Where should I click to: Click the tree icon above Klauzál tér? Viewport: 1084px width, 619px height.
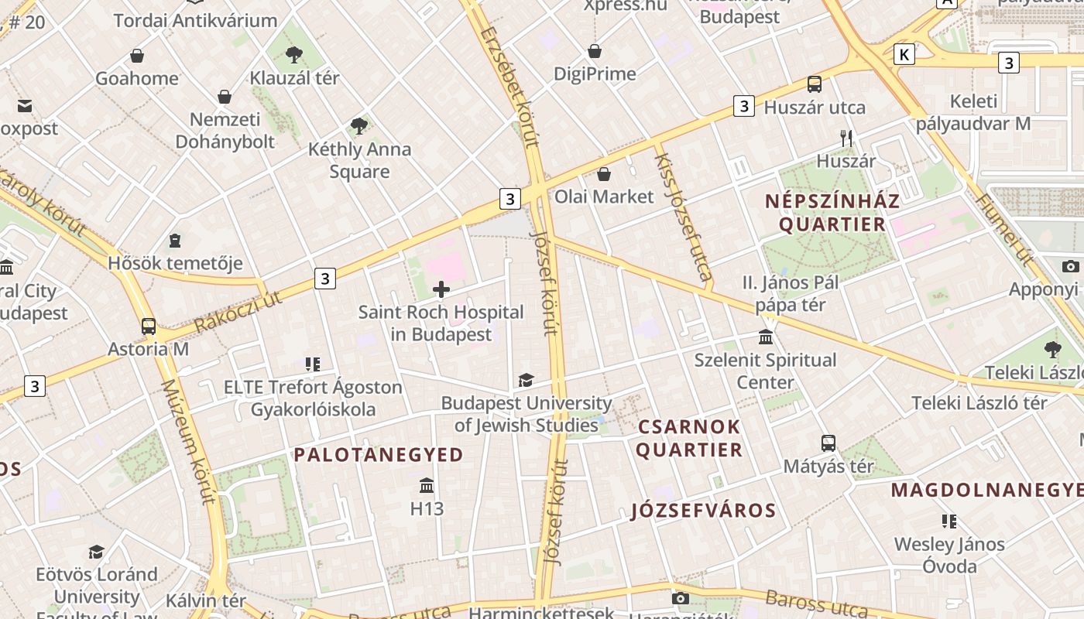tap(293, 54)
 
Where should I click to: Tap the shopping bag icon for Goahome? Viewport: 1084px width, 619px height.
tap(137, 56)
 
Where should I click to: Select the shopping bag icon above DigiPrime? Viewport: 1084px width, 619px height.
tap(595, 51)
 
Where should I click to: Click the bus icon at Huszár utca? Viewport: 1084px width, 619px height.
tap(815, 84)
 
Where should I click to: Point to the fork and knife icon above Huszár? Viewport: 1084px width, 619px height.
tap(846, 139)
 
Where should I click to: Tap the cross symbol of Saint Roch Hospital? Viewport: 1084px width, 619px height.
tap(441, 290)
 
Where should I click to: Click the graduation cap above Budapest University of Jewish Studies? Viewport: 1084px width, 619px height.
tap(527, 380)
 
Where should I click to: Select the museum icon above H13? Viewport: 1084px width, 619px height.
tap(427, 486)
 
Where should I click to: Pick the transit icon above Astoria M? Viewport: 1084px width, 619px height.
tap(149, 327)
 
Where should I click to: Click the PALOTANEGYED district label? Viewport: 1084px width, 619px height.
tap(379, 455)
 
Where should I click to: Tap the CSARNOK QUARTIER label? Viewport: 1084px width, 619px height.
tap(689, 439)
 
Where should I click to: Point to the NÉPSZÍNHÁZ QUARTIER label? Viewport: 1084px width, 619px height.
tap(832, 214)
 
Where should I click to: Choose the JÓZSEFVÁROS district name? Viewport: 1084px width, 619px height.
tap(703, 511)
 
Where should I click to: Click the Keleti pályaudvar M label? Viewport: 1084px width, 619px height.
tap(973, 112)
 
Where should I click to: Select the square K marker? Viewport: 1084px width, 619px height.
tap(904, 54)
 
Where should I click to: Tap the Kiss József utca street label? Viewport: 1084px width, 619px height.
tap(683, 216)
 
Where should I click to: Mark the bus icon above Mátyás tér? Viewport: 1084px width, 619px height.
tap(828, 443)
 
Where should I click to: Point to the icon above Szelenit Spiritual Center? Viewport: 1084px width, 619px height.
tap(766, 337)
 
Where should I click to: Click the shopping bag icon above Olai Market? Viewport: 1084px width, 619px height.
tap(604, 174)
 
